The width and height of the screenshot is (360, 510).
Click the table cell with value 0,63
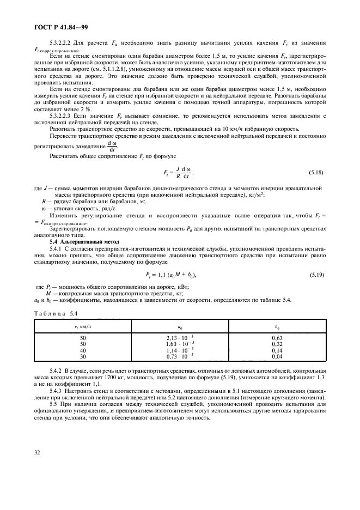pyautogui.click(x=277, y=338)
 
